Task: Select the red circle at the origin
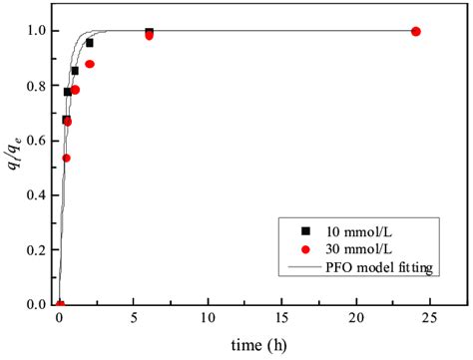(60, 304)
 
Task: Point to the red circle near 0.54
(67, 158)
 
